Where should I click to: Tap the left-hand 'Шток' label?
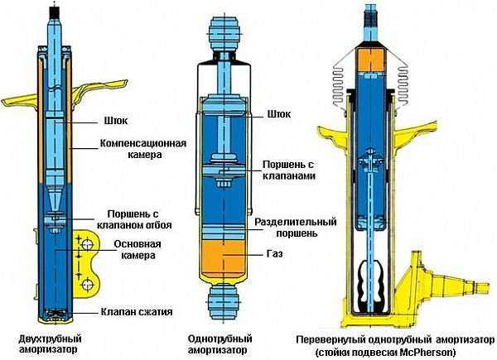[x=116, y=118]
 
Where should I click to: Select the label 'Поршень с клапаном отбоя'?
[x=134, y=219]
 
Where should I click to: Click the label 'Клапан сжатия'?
[x=137, y=311]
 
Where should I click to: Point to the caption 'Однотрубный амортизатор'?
[x=220, y=343]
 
